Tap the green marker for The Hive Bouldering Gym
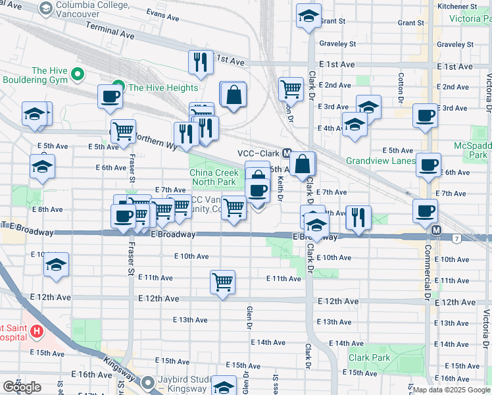78,74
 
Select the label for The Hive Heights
163,88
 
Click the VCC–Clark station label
258,153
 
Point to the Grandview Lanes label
381,160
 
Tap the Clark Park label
370,358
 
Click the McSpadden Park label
472,150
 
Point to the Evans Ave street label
164,13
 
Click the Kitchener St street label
461,6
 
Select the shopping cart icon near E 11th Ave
223,282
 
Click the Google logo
22,387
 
